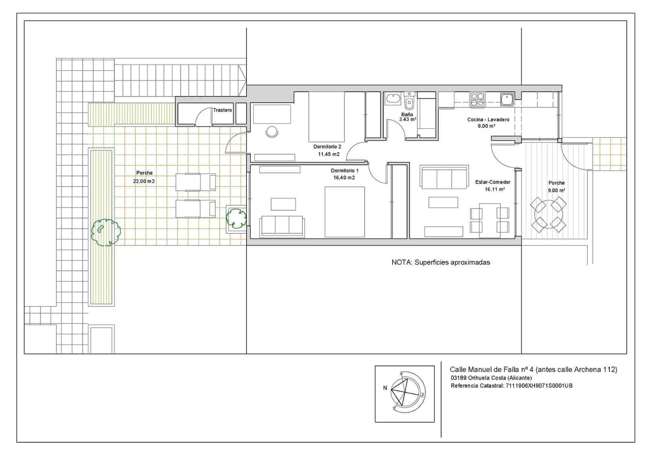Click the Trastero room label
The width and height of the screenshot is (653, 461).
(222, 110)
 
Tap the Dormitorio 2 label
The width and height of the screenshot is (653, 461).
(327, 146)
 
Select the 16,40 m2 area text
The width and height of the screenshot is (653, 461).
(344, 178)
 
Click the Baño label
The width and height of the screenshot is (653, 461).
(407, 115)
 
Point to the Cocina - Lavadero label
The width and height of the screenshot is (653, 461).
(488, 120)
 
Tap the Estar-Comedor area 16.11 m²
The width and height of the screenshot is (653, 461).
(495, 189)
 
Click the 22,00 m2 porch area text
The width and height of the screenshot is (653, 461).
(144, 181)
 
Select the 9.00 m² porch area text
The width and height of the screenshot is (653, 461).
(556, 191)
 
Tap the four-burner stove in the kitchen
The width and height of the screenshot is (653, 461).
(478, 100)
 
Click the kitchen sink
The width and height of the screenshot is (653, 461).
(506, 99)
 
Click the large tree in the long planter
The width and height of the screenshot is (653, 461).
(105, 232)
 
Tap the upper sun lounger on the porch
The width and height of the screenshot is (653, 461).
(195, 182)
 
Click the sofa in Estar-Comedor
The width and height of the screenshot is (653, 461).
(444, 178)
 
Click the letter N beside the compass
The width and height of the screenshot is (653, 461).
(385, 388)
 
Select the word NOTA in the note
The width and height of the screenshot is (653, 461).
(401, 262)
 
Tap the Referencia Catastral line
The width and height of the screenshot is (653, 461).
(511, 386)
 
